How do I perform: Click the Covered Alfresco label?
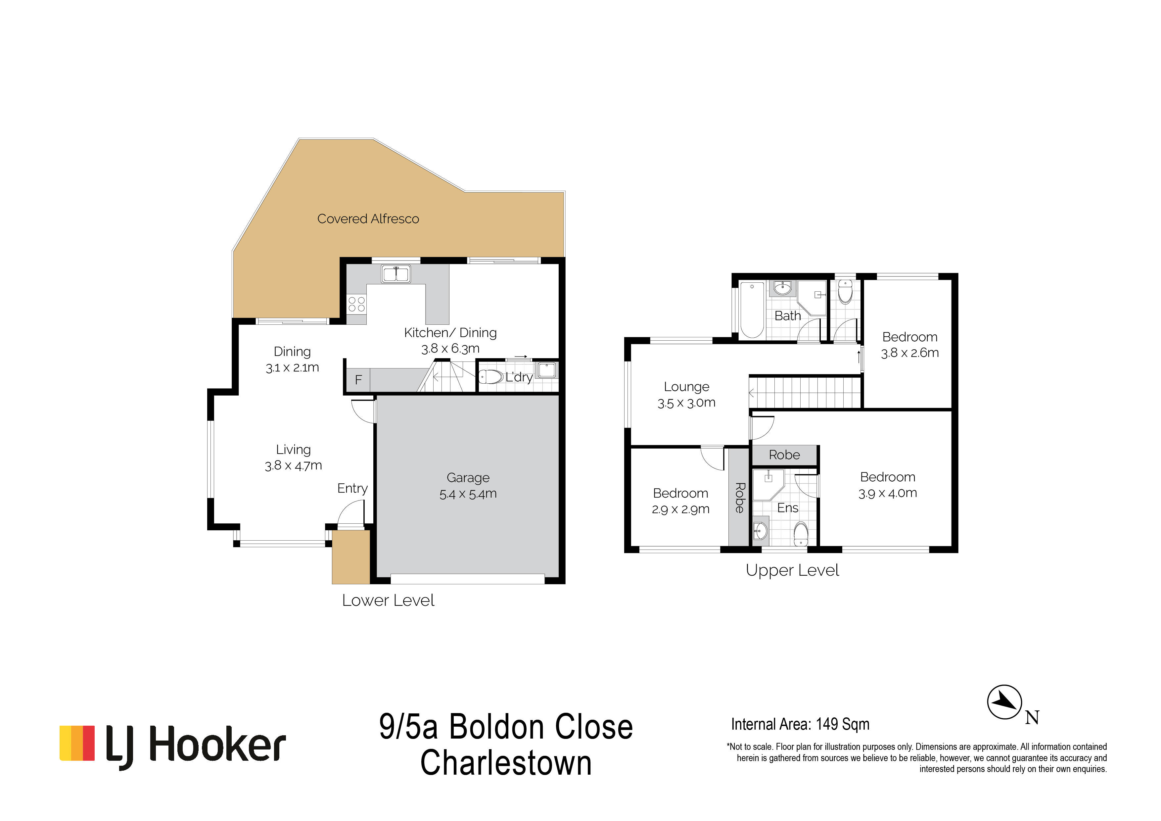click(x=368, y=218)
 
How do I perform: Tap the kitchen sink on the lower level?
click(x=396, y=274)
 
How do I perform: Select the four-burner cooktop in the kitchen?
click(x=356, y=304)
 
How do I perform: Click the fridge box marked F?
click(x=358, y=379)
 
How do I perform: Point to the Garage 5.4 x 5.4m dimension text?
click(x=468, y=494)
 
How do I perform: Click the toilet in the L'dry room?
click(x=490, y=376)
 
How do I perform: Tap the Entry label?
click(x=352, y=488)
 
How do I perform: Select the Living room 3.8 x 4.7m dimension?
click(x=293, y=465)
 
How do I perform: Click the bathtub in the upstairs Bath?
click(x=752, y=310)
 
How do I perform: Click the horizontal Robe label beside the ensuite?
click(x=784, y=455)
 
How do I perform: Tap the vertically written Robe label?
click(x=739, y=498)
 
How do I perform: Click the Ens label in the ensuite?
click(x=788, y=508)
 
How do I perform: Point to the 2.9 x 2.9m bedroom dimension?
click(x=681, y=509)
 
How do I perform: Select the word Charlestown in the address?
click(x=506, y=763)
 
